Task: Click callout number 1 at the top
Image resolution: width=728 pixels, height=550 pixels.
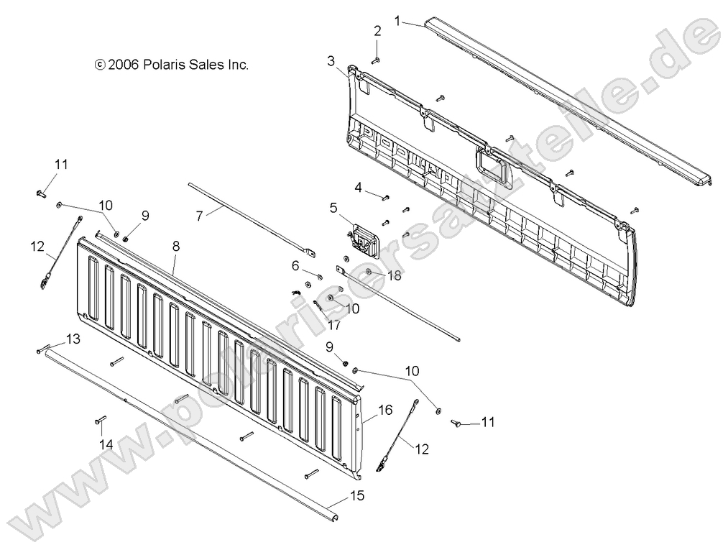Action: pos(397,21)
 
